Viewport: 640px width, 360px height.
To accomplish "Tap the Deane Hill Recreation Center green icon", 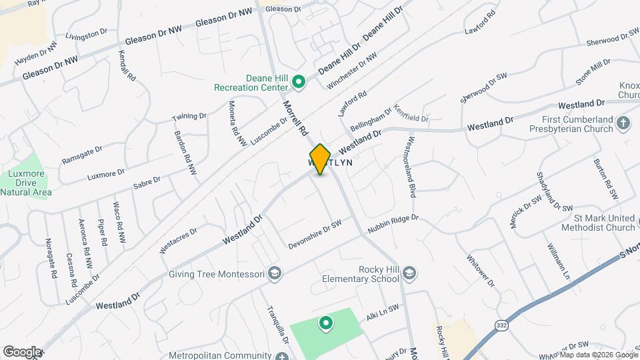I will point(299,83).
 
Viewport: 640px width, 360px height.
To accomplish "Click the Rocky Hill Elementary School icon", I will point(409,273).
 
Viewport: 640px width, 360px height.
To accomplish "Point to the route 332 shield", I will point(501,325).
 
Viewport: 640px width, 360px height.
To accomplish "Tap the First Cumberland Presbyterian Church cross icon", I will point(623,123).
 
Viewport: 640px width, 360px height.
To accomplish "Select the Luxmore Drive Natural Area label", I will point(25,183).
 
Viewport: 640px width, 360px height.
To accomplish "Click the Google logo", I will point(22,351).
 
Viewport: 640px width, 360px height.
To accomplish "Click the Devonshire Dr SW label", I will point(315,235).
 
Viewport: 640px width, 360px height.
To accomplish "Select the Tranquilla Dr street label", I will point(276,325).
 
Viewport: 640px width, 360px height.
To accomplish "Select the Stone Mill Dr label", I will point(592,72).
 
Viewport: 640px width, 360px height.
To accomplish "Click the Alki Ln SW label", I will point(383,313).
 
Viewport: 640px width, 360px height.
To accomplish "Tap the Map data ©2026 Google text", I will point(598,354).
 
